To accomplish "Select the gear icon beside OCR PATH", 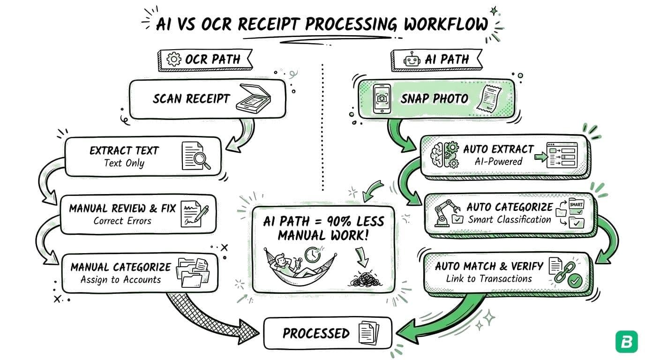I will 174,60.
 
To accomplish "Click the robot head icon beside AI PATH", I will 411,60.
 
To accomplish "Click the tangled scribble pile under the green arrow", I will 362,280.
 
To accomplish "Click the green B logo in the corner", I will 626,342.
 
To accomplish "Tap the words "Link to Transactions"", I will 489,279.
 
